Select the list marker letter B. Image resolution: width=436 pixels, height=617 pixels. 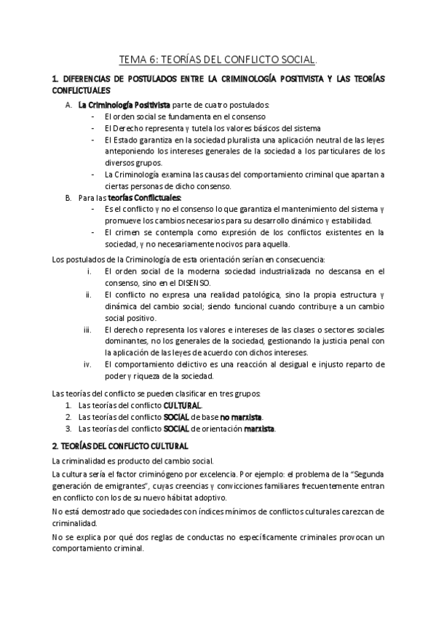click(68, 197)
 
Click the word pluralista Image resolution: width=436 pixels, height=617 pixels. click(237, 140)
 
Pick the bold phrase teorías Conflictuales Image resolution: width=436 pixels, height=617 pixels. click(151, 197)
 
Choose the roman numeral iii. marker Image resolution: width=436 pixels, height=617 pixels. click(89, 330)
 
